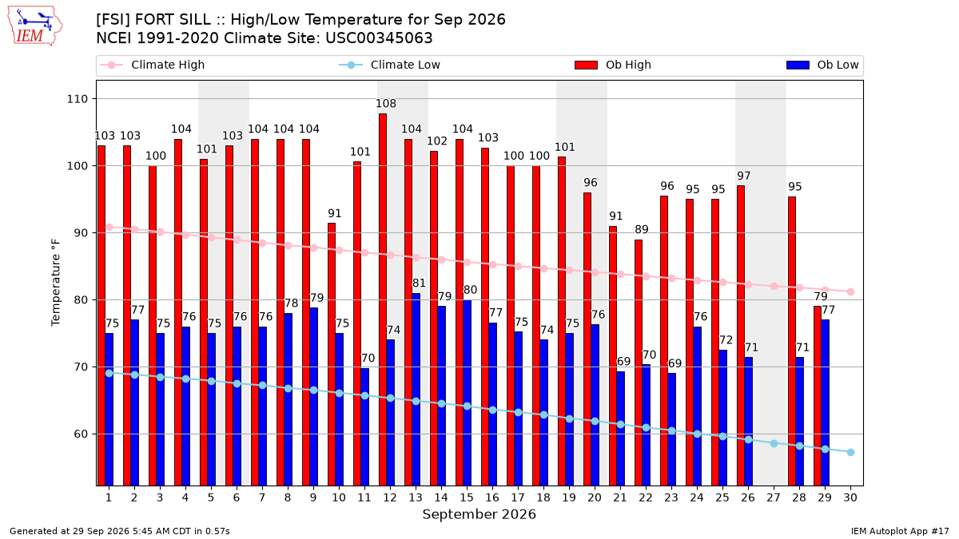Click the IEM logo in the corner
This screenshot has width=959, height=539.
[34, 26]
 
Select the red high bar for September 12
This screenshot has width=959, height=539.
[383, 299]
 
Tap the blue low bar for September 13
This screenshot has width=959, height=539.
[416, 390]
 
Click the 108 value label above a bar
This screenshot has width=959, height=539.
[386, 104]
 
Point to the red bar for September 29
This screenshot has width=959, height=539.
[818, 396]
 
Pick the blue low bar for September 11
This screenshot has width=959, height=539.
[364, 427]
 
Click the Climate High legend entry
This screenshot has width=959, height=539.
[152, 65]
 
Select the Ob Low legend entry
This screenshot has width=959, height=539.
[822, 65]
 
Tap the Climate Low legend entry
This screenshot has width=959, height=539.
[390, 65]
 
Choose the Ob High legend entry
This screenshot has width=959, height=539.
[613, 65]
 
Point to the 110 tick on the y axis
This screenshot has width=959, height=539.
[77, 99]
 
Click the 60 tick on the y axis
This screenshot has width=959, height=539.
[81, 434]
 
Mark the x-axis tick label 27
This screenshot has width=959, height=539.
[774, 497]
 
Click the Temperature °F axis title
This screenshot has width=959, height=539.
[56, 283]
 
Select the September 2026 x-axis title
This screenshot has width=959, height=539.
[479, 514]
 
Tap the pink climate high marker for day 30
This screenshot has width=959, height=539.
[850, 291]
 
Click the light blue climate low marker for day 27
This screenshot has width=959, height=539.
[774, 444]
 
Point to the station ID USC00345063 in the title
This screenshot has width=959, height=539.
[379, 38]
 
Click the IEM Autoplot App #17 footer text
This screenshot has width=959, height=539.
[900, 531]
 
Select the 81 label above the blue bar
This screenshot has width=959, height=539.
[419, 283]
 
